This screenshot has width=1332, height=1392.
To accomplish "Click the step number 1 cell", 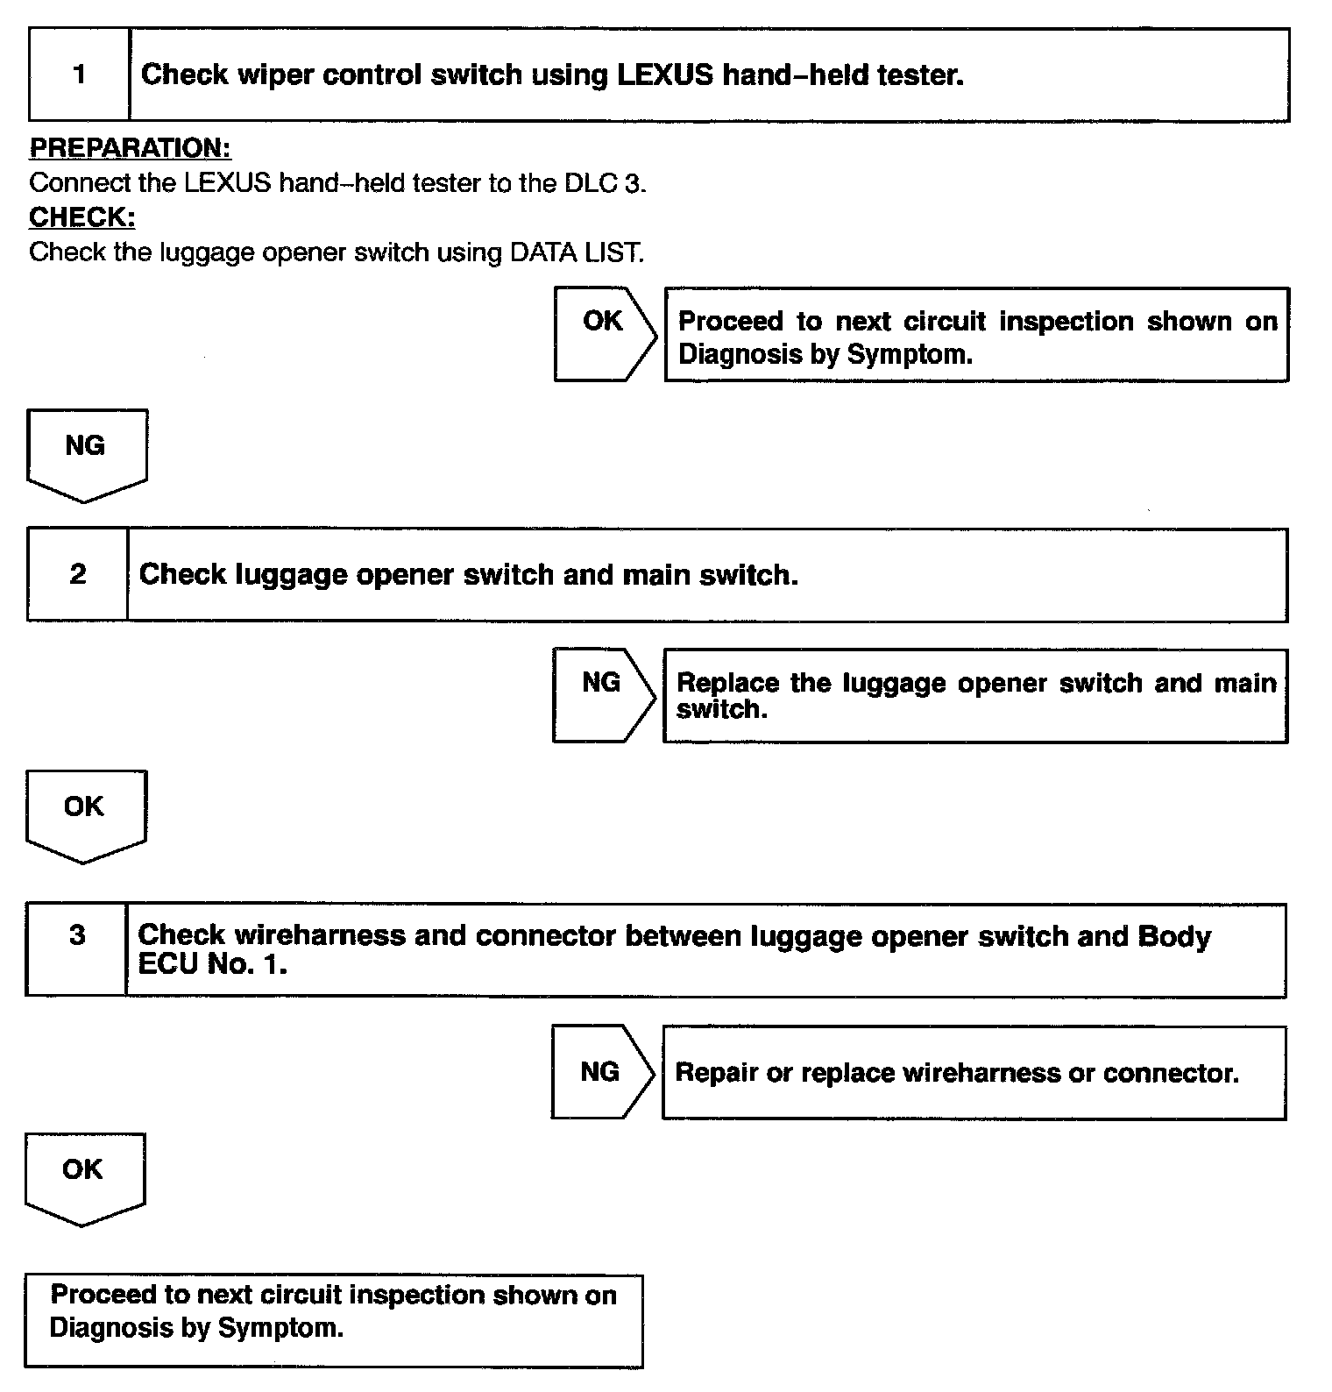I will pyautogui.click(x=79, y=75).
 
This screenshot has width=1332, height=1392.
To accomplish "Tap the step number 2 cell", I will pyautogui.click(x=78, y=574).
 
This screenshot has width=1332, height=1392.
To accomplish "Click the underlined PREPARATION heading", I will pyautogui.click(x=130, y=148).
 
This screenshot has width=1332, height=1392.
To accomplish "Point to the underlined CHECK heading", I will pyautogui.click(x=81, y=217).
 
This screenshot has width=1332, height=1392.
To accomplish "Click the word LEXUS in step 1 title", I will pyautogui.click(x=665, y=75).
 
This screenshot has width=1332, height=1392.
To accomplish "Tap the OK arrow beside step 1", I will pyautogui.click(x=603, y=333).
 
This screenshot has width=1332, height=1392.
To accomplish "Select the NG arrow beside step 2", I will pyautogui.click(x=601, y=695).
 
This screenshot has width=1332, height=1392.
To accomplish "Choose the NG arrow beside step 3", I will pyautogui.click(x=600, y=1071).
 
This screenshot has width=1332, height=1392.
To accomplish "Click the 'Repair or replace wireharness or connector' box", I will pyautogui.click(x=973, y=1073).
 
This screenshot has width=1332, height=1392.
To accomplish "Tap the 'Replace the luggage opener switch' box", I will pyautogui.click(x=974, y=696).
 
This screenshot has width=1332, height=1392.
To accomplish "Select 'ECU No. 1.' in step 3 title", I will pyautogui.click(x=213, y=964).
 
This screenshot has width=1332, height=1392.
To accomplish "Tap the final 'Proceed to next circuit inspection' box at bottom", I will pyautogui.click(x=333, y=1320).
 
